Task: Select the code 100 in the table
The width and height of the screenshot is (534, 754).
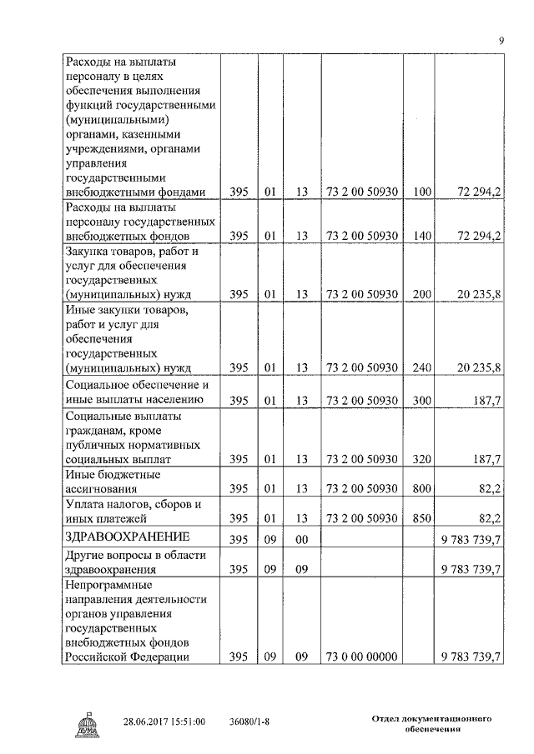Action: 421,192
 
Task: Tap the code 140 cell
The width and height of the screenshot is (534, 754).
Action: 421,236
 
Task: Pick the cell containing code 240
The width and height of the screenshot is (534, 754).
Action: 421,367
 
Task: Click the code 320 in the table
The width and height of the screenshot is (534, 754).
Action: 421,459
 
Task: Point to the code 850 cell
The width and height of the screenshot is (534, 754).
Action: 421,518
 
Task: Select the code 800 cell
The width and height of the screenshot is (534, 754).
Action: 421,488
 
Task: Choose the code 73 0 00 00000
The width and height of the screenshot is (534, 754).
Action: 361,657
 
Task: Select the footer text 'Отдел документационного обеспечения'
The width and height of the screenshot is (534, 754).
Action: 430,722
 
